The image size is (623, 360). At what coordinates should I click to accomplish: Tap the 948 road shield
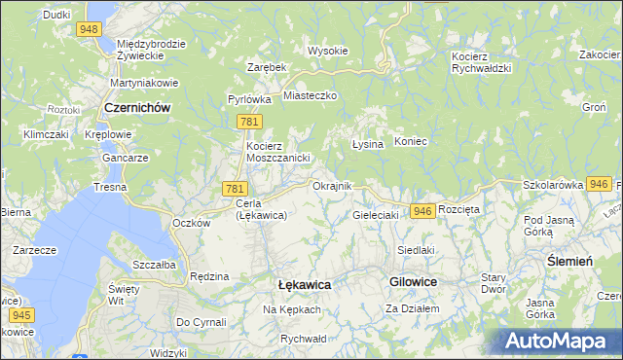[x=90, y=29]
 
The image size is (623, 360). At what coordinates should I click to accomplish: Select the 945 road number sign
[x=21, y=315]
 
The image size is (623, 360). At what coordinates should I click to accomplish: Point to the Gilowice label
[x=413, y=281]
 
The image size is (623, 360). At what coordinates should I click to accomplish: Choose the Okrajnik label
[x=332, y=186]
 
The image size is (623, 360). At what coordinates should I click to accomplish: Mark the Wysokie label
[x=328, y=51]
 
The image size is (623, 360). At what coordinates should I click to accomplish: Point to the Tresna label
[x=110, y=186]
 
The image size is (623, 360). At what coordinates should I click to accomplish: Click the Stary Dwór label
[x=495, y=283]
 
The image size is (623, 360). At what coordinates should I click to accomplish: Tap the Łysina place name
[x=366, y=143]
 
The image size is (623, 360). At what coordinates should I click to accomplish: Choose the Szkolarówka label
[x=552, y=184]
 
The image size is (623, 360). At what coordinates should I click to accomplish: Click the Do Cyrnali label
[x=201, y=321]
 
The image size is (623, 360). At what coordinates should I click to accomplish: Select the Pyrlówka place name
[x=249, y=99]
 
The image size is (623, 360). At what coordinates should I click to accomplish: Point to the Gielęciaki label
[x=377, y=215]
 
